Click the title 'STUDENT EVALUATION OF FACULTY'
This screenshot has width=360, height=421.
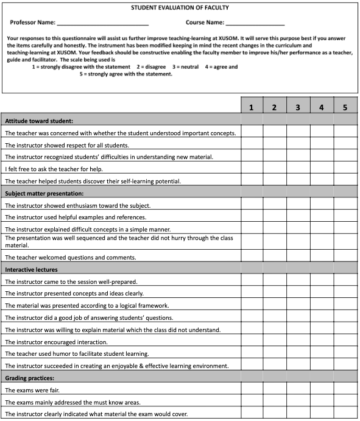(180, 8)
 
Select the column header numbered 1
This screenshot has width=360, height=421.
(252, 108)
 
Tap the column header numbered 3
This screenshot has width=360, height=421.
(298, 108)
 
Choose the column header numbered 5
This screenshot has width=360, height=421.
(345, 108)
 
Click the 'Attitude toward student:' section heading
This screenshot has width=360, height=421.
(39, 121)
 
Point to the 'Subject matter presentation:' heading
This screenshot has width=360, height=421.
(46, 193)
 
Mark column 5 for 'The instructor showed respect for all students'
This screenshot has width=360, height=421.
(345, 145)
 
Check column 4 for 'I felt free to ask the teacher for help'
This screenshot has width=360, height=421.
(322, 169)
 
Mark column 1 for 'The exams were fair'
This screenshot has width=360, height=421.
(252, 390)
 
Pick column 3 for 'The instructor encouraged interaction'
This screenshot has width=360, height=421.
(298, 342)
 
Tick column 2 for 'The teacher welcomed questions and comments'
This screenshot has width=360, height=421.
(275, 257)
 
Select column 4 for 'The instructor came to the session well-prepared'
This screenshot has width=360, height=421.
(322, 281)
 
